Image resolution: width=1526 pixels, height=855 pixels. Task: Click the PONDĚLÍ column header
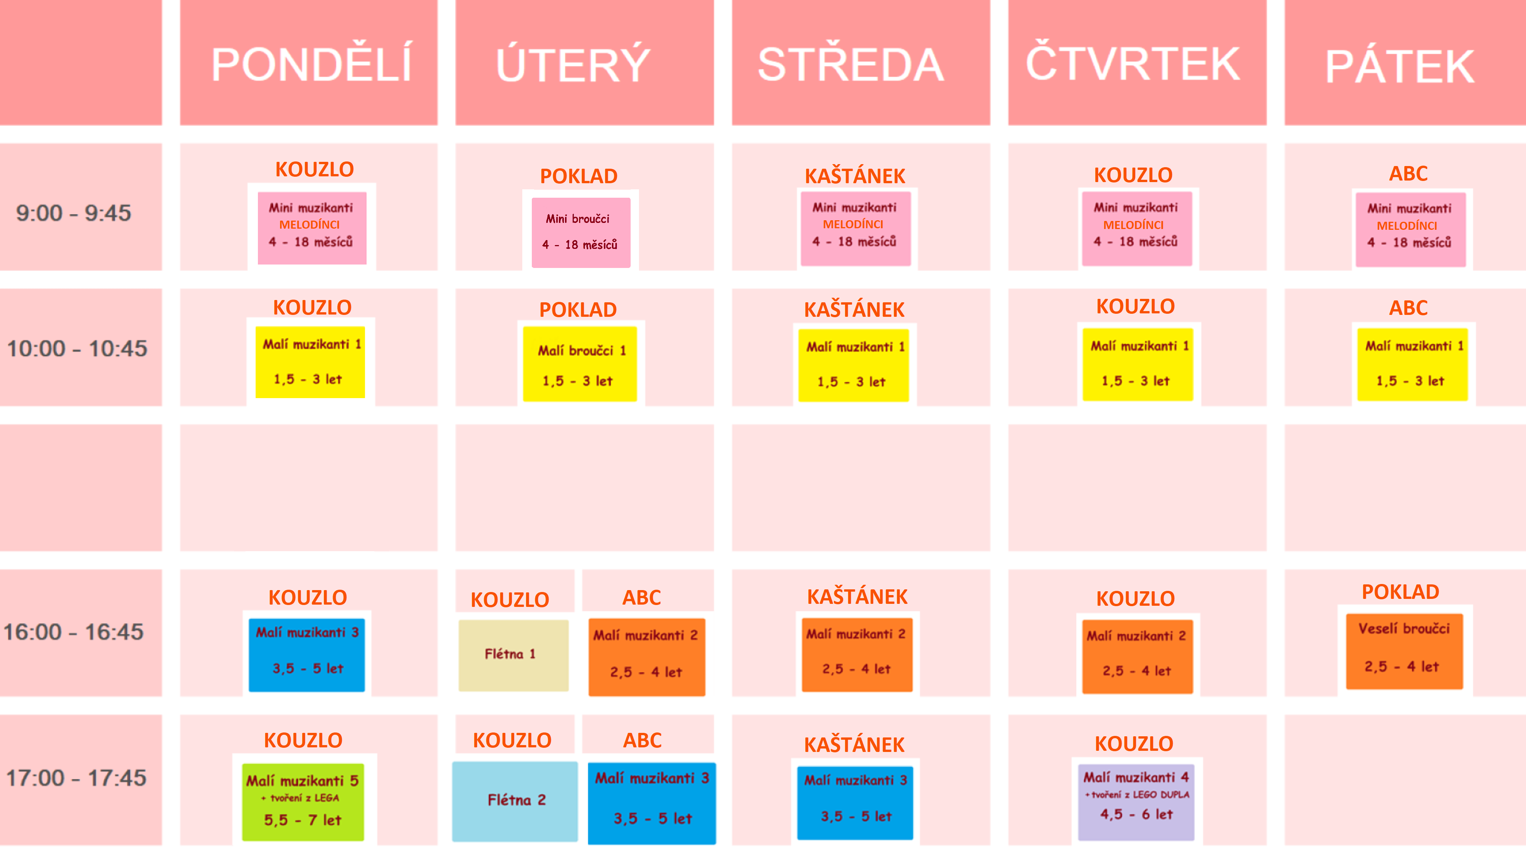tap(311, 64)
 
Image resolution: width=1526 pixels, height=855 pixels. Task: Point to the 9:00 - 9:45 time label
tap(74, 213)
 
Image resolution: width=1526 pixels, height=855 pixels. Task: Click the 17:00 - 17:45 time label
tap(76, 778)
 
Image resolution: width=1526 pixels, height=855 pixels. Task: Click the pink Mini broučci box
tap(581, 232)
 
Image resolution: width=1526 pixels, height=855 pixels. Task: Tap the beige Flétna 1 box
tap(513, 655)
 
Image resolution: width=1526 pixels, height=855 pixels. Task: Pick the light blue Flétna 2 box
tap(514, 801)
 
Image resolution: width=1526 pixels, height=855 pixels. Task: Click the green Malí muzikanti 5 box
tap(303, 801)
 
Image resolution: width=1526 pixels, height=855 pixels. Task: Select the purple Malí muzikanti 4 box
tap(1136, 797)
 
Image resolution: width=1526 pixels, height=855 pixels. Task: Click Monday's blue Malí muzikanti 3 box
tap(307, 654)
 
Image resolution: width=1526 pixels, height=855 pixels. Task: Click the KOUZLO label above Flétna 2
tap(512, 740)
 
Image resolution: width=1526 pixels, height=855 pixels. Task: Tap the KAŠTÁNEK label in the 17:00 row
tap(854, 745)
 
